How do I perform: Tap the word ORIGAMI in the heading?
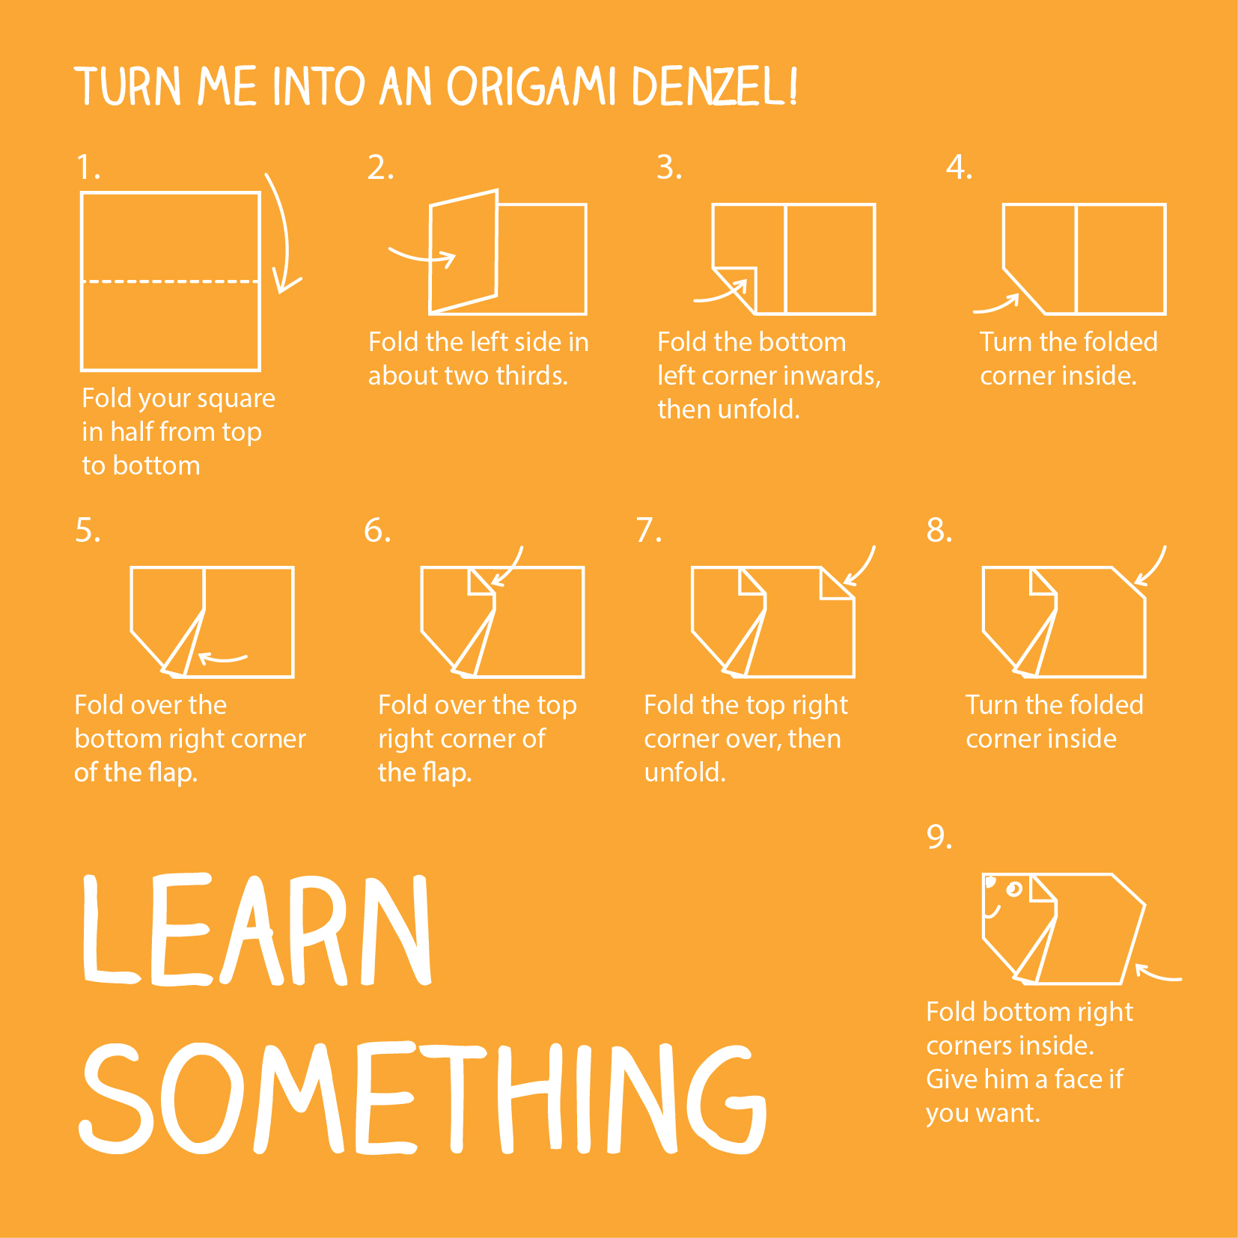[x=531, y=87]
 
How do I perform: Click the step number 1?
[x=88, y=167]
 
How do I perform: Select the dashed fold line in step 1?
[x=171, y=281]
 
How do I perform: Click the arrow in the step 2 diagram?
[x=424, y=257]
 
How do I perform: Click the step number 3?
[x=668, y=167]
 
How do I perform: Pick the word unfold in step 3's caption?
[x=757, y=409]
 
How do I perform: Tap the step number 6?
[x=377, y=530]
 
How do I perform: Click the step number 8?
[x=939, y=530]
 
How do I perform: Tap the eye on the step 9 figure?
[x=1014, y=889]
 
